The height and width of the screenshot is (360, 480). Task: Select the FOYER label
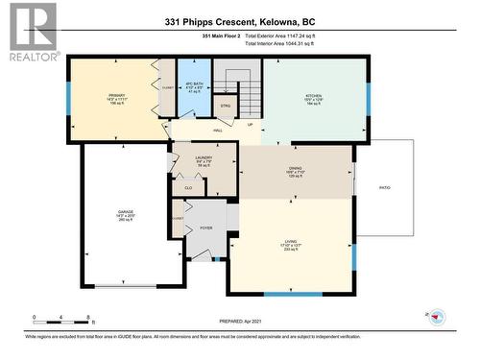(x=205, y=228)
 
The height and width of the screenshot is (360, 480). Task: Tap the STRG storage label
(x=226, y=107)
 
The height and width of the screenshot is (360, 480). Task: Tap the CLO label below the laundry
(x=188, y=188)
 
